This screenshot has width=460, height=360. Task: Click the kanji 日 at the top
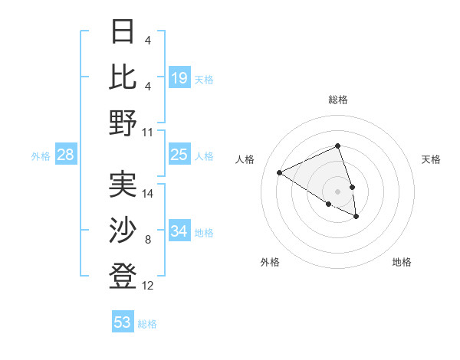click(x=123, y=33)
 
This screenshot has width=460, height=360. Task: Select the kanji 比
click(x=123, y=77)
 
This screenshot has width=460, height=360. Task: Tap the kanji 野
click(x=123, y=123)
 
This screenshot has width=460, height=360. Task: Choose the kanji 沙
click(x=123, y=229)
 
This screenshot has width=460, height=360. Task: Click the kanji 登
click(x=123, y=275)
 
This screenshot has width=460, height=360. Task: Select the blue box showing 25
click(x=179, y=155)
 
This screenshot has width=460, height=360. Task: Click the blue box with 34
click(x=179, y=231)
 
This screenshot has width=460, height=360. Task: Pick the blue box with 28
click(x=66, y=155)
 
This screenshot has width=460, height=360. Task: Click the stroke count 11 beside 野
click(x=148, y=133)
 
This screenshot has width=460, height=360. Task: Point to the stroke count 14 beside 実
click(x=148, y=193)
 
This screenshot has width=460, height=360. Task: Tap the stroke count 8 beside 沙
click(x=148, y=240)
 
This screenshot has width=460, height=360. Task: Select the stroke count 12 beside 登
click(x=148, y=286)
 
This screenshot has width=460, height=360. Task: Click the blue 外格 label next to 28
click(x=41, y=156)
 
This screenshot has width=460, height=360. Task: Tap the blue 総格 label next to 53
click(x=147, y=323)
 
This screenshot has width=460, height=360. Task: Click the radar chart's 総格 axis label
click(x=338, y=100)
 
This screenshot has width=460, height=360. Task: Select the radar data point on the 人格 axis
click(x=280, y=173)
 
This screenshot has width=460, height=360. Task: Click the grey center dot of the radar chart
click(x=338, y=191)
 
